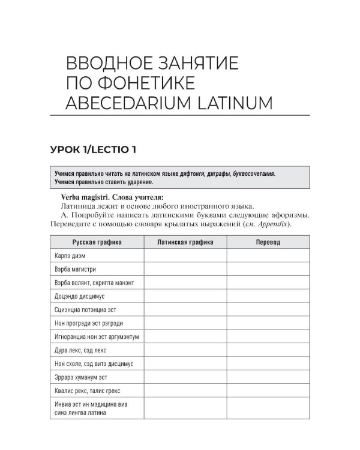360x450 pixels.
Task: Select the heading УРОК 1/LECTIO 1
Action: click(99, 148)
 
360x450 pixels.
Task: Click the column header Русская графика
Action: click(97, 242)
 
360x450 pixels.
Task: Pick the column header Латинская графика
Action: click(184, 242)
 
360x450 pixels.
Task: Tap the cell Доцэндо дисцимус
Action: click(79, 296)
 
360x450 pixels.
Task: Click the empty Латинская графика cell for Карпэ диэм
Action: click(184, 256)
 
